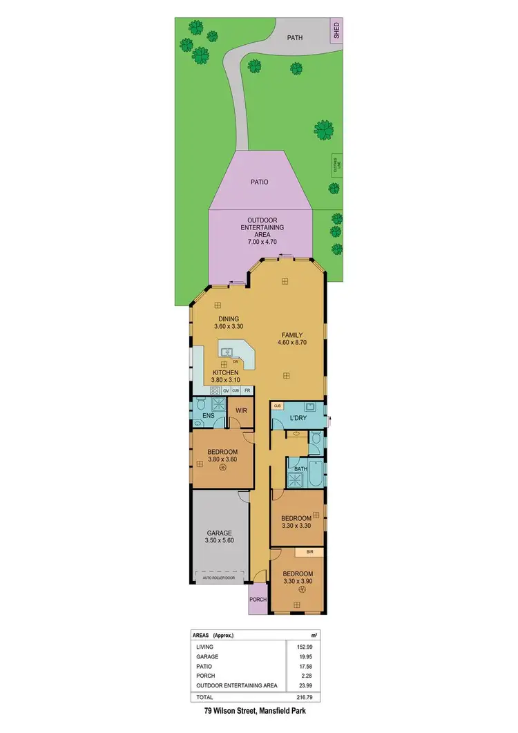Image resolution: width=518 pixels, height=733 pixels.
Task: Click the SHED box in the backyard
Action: coord(337,30)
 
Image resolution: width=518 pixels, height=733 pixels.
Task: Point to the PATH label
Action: coord(296,39)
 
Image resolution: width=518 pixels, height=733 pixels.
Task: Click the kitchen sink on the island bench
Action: coord(226,352)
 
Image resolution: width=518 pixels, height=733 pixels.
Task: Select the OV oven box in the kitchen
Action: coord(226,390)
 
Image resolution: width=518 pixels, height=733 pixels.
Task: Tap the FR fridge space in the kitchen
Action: coord(246,390)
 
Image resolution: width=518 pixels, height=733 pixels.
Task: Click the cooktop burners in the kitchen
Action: coord(214,390)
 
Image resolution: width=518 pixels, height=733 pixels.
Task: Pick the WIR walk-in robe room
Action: coord(241,411)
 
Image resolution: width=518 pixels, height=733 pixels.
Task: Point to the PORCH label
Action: coord(258,600)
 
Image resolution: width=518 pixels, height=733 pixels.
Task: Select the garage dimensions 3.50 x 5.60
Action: coord(220,542)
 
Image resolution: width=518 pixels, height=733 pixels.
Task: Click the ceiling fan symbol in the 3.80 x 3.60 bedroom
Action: coord(223,468)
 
